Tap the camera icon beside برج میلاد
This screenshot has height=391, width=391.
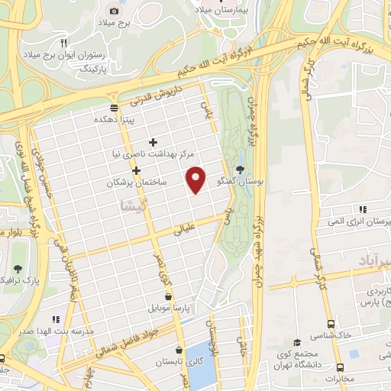(x=114, y=11)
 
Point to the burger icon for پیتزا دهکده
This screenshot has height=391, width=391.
(x=114, y=107)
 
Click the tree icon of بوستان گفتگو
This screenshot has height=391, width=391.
(x=241, y=170)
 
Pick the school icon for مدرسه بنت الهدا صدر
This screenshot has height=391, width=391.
(x=55, y=319)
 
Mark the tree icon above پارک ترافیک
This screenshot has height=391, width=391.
(x=18, y=268)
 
